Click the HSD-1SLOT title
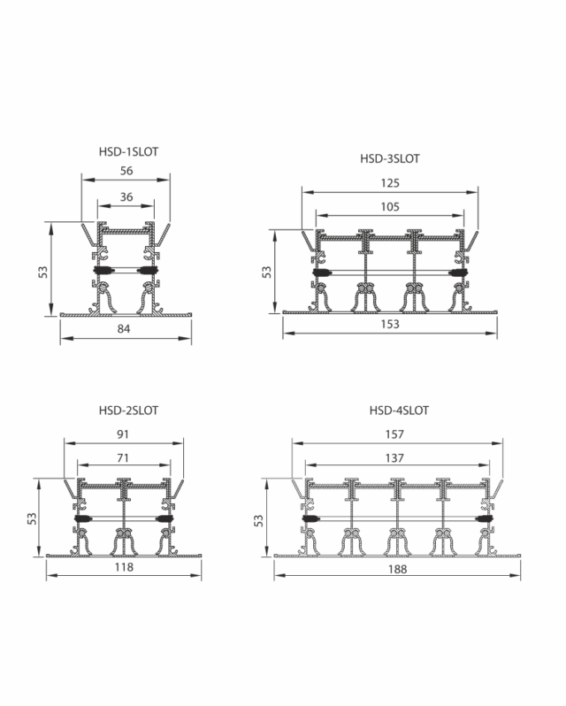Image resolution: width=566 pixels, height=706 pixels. [129, 152]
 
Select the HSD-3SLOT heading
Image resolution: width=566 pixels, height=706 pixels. [390, 158]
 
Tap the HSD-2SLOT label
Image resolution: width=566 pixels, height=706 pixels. [129, 411]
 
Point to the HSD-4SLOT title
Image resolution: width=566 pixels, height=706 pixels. [399, 411]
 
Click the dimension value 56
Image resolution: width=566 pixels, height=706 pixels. [126, 171]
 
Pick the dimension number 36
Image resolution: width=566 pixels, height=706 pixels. [126, 196]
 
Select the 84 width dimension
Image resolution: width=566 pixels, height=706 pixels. [124, 329]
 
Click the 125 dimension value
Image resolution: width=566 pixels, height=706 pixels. [390, 183]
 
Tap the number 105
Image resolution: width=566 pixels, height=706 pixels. [390, 207]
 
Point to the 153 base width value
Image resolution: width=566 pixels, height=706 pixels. [390, 324]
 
